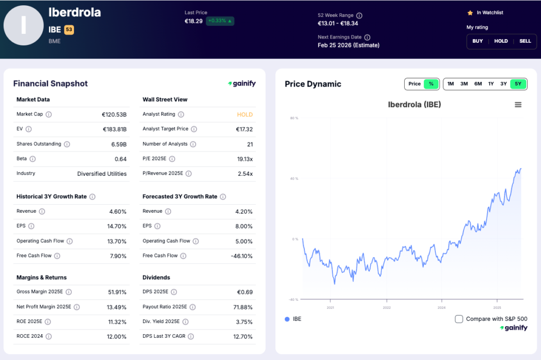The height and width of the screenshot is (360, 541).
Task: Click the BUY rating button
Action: click(x=478, y=41)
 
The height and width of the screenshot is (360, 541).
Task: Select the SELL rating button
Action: click(x=525, y=41)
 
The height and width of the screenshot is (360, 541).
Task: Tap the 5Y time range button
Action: click(x=518, y=84)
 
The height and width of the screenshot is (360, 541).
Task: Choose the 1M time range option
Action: click(x=450, y=84)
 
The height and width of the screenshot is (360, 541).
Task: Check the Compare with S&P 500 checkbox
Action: click(x=459, y=319)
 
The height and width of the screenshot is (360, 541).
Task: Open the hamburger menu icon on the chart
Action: click(x=518, y=105)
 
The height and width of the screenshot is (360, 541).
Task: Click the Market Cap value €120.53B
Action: click(x=114, y=115)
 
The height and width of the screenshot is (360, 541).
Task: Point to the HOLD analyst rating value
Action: click(x=245, y=115)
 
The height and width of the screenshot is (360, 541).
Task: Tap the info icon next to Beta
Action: click(x=33, y=159)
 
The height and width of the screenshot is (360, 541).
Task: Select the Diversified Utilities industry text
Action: click(x=102, y=174)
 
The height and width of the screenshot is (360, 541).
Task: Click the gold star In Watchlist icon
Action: click(x=470, y=13)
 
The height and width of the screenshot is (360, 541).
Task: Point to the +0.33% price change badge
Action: click(x=220, y=21)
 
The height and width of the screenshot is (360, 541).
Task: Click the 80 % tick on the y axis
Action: click(x=294, y=118)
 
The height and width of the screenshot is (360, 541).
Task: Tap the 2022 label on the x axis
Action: click(x=387, y=307)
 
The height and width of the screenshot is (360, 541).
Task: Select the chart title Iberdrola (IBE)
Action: click(x=414, y=105)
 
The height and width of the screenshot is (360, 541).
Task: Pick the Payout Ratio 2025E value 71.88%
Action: click(x=242, y=307)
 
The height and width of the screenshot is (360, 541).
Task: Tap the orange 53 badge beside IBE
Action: click(x=69, y=30)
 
